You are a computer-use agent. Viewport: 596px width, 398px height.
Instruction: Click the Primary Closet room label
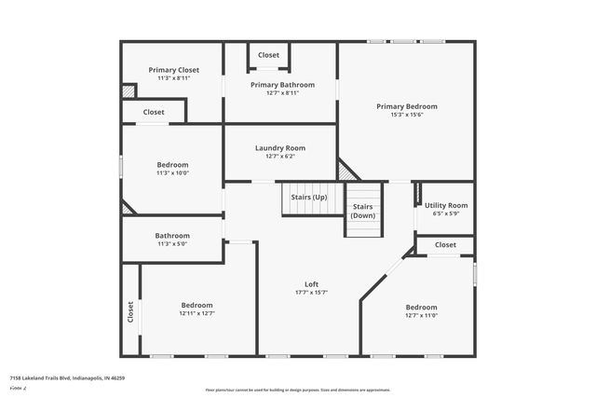(174, 70)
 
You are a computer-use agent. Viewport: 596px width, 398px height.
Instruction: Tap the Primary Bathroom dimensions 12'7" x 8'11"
(282, 93)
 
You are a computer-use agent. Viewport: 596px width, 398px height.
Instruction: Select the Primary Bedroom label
(406, 106)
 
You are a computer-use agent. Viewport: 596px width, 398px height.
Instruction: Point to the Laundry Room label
(280, 148)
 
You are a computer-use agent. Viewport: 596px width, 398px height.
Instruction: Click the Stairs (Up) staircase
(308, 198)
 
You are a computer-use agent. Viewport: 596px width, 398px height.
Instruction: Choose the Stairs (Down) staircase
(363, 210)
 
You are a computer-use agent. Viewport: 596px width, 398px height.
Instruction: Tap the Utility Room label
(445, 205)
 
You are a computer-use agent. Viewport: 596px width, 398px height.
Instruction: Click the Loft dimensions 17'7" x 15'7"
(311, 293)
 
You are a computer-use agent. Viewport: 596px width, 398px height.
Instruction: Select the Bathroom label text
(172, 236)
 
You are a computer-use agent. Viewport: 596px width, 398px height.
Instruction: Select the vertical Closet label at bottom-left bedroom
(129, 311)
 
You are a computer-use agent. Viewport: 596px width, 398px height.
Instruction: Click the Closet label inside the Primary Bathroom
(268, 55)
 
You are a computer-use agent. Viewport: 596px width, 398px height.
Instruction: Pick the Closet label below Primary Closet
(154, 112)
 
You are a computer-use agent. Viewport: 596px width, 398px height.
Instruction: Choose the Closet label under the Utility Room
(445, 245)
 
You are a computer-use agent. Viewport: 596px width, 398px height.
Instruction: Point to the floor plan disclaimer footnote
(297, 390)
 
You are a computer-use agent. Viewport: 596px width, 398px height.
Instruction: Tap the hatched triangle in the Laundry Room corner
(346, 171)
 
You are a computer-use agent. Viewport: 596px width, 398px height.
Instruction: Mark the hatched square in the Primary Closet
(129, 91)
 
